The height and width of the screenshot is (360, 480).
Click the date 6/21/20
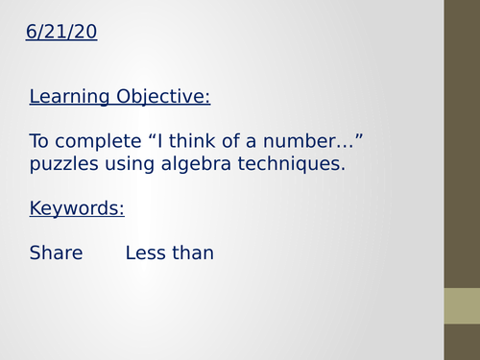pos(61,34)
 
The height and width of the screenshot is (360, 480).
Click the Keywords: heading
pos(77,208)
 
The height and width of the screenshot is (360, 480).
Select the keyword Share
pos(56,253)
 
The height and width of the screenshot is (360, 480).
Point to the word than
pos(193,253)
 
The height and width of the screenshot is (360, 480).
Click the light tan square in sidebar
pos(462,306)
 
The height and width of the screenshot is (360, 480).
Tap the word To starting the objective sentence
pos(39,142)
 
